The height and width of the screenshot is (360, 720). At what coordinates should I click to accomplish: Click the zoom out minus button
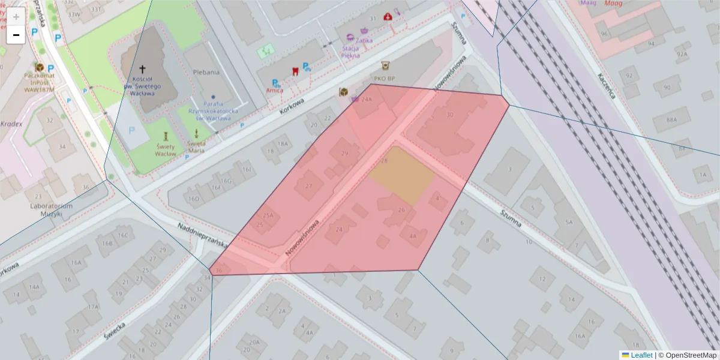pyautogui.click(x=16, y=35)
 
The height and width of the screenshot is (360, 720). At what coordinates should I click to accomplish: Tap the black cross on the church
pyautogui.click(x=143, y=70)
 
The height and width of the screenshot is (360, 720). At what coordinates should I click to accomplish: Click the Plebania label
pyautogui.click(x=206, y=72)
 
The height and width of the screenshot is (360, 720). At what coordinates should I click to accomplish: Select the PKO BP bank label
pyautogui.click(x=384, y=78)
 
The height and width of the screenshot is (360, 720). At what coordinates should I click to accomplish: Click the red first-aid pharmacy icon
pyautogui.click(x=388, y=17)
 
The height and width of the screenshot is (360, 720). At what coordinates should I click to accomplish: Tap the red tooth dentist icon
pyautogui.click(x=295, y=71)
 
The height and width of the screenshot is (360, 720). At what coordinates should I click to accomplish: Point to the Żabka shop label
pyautogui.click(x=364, y=40)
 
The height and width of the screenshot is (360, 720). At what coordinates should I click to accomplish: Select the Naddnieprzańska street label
pyautogui.click(x=203, y=235)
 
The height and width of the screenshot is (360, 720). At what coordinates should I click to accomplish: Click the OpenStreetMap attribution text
pyautogui.click(x=687, y=355)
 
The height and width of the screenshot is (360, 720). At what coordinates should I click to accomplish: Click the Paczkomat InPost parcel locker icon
pyautogui.click(x=40, y=67)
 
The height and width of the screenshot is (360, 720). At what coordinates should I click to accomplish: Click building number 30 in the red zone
pyautogui.click(x=450, y=115)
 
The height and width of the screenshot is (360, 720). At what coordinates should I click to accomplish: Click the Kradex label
pyautogui.click(x=11, y=124)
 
